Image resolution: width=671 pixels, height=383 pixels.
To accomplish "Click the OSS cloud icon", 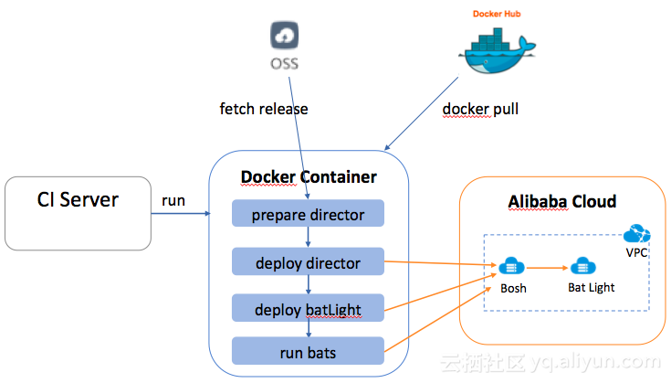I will (x=284, y=37).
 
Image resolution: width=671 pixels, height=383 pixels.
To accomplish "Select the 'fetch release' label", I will (x=264, y=109).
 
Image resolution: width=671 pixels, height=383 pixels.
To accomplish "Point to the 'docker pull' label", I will (x=479, y=109).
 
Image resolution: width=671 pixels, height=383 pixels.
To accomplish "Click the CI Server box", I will (x=78, y=213).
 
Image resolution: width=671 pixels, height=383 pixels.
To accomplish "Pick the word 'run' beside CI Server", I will (x=173, y=200).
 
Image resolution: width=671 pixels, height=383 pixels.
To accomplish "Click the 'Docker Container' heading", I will (x=309, y=176).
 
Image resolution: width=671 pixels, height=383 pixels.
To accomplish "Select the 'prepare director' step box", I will (x=308, y=215).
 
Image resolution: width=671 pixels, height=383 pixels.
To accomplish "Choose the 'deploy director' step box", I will (x=308, y=263).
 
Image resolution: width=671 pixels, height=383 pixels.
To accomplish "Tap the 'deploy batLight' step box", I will (x=308, y=309).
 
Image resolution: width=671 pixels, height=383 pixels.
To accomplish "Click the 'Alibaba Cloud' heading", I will (x=561, y=201).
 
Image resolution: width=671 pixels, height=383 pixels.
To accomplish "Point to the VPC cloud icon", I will (x=636, y=233).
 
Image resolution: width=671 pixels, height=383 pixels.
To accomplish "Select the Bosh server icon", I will (x=511, y=267).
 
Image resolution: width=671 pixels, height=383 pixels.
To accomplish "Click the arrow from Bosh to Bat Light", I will (x=546, y=268).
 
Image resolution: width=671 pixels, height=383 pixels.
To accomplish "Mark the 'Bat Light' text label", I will (x=591, y=287).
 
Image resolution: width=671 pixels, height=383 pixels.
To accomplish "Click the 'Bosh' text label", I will (x=513, y=289).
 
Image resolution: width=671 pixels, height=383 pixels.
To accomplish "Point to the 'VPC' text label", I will (x=636, y=251).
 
